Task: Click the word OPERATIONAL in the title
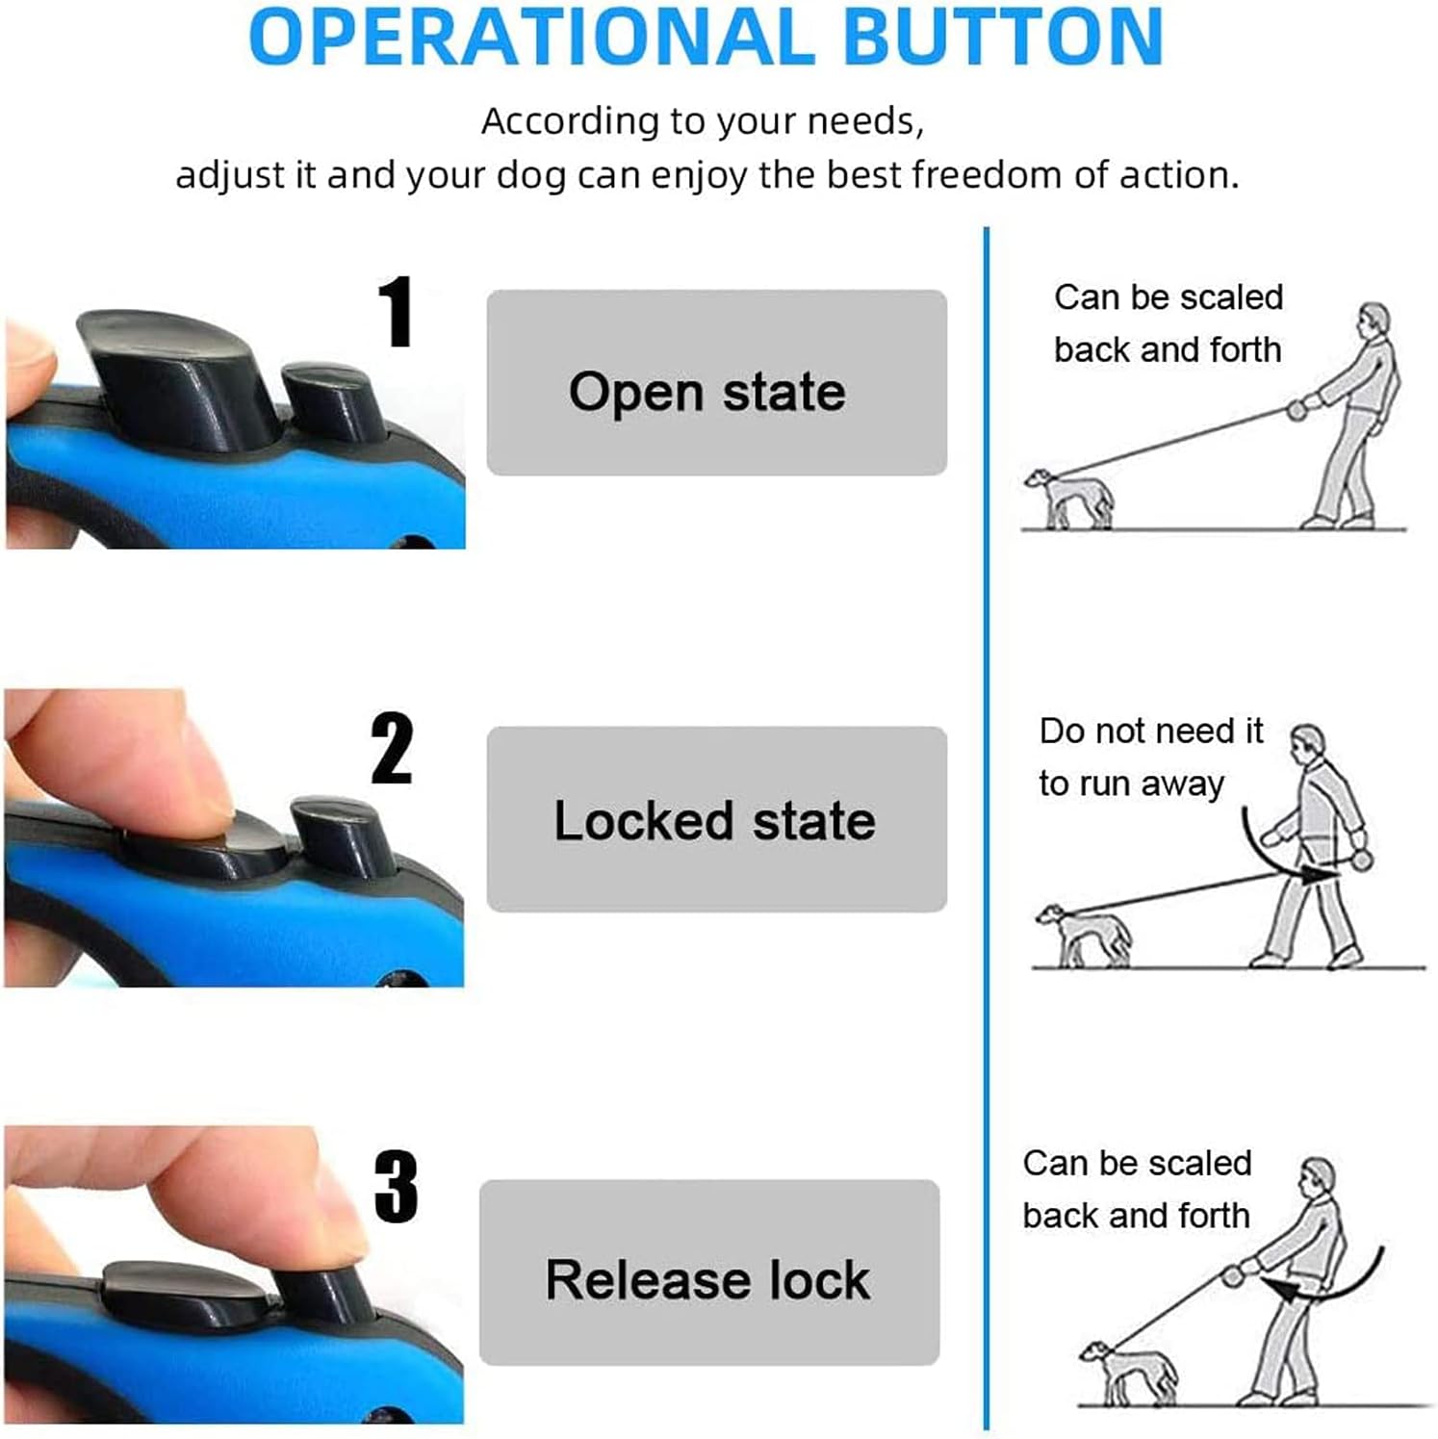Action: click(x=530, y=37)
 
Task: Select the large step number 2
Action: click(x=392, y=748)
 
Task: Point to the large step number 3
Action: click(x=396, y=1186)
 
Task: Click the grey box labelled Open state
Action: click(x=717, y=382)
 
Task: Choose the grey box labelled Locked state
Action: click(x=717, y=819)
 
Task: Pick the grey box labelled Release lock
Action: click(x=709, y=1272)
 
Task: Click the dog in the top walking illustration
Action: click(x=1068, y=498)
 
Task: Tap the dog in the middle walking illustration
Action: click(x=1083, y=935)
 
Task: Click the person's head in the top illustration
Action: click(x=1374, y=320)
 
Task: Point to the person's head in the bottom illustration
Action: click(x=1317, y=1176)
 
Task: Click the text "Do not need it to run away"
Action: click(x=1150, y=757)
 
